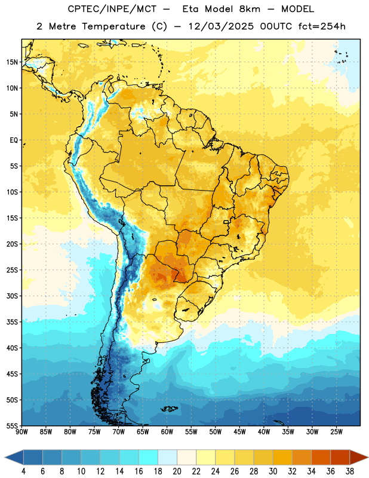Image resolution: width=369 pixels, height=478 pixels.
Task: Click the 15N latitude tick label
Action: coord(12,62)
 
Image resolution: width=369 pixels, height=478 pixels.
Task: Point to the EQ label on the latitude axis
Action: coord(14,140)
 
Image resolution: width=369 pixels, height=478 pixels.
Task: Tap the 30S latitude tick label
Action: coord(12,296)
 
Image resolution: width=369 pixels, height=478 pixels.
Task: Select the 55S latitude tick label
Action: coord(12,425)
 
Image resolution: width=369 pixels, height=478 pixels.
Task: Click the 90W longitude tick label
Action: coord(21,432)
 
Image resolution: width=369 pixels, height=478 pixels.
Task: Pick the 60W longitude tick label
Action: coord(167,432)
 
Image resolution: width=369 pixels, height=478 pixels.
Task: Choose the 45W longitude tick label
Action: coord(240,432)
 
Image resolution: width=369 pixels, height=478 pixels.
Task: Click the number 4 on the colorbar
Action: coord(23,471)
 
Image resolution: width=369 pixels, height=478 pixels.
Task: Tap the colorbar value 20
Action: coord(177,471)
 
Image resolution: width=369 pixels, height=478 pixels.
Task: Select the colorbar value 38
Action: coord(350,471)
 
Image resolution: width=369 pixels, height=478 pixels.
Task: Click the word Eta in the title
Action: coord(190,9)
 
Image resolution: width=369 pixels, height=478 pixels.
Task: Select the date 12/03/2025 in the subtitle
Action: coord(220,26)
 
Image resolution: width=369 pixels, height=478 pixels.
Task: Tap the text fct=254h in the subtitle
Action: coord(322,26)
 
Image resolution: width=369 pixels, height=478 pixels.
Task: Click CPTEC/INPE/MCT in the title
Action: coord(112,9)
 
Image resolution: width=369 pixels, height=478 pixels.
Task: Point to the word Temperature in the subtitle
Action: coord(113,26)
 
